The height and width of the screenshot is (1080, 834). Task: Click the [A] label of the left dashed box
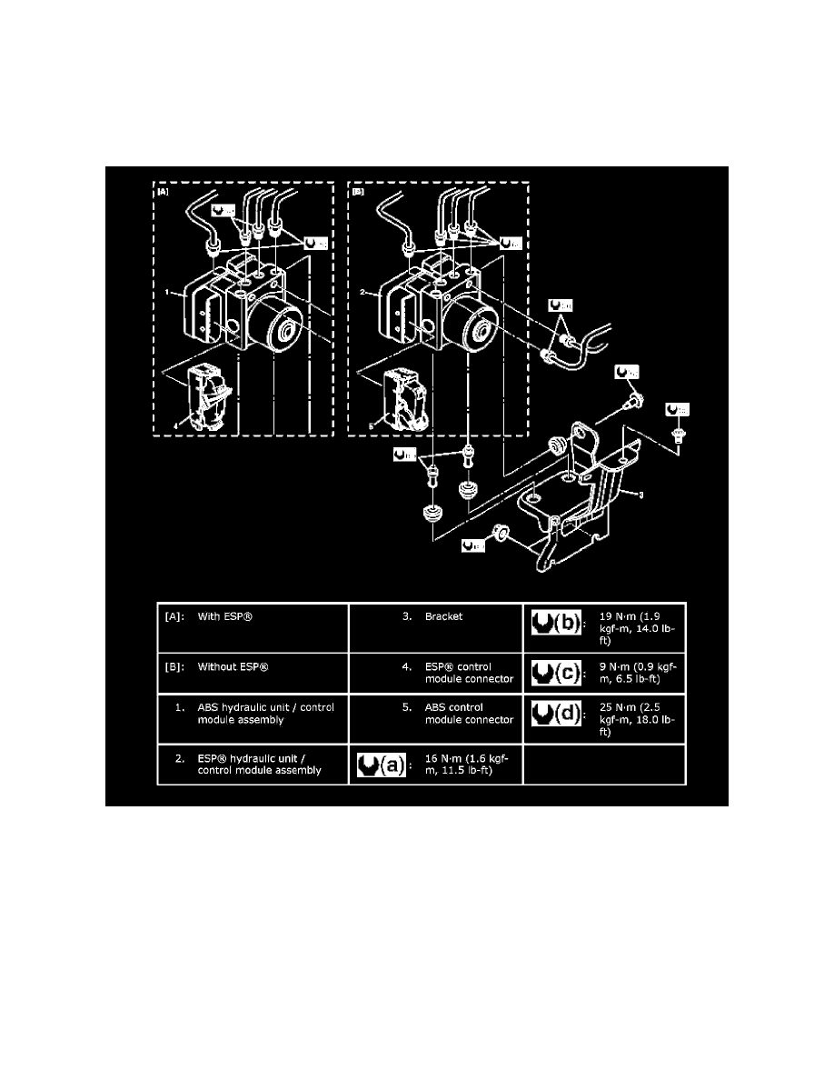point(162,193)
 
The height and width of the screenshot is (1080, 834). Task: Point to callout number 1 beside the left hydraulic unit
point(168,294)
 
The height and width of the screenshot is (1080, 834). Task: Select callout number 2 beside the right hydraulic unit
point(363,294)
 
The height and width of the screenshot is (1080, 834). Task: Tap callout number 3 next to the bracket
point(640,495)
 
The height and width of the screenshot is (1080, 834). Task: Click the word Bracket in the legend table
point(444,616)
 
